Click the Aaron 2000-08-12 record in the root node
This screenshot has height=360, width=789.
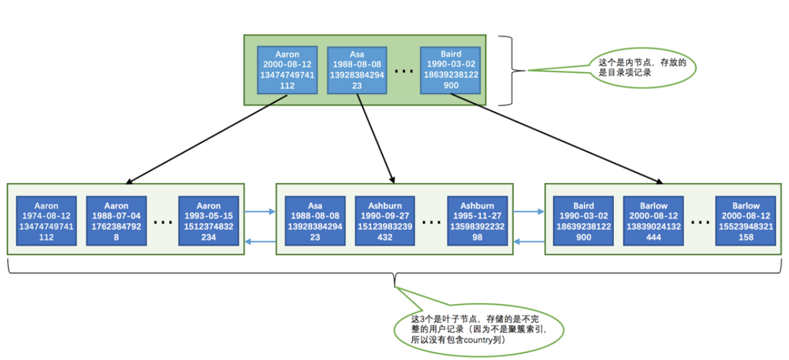click(288, 70)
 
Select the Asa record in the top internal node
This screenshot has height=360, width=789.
click(357, 70)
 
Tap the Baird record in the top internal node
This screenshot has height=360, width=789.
click(450, 70)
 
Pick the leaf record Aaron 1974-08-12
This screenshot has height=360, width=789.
click(46, 221)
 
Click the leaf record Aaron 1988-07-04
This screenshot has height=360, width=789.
click(116, 221)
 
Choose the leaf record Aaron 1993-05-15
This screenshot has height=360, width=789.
click(209, 221)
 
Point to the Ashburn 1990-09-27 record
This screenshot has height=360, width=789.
click(384, 221)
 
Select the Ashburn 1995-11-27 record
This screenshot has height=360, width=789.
click(477, 221)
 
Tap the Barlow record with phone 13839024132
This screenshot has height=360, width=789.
click(653, 221)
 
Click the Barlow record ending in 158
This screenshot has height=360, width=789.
click(746, 221)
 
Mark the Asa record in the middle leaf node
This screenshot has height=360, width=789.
click(315, 221)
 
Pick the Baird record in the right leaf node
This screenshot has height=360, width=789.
click(583, 221)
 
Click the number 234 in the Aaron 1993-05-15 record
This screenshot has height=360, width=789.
click(209, 237)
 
